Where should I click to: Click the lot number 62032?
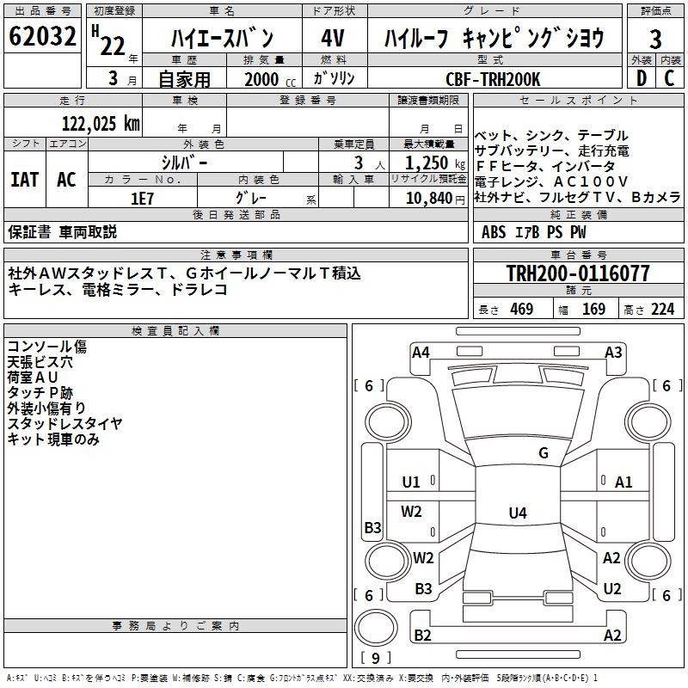43,39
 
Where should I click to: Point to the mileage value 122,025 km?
101,123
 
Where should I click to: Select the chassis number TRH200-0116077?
577,273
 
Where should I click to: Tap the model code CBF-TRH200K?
493,79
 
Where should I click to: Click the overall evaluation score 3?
655,39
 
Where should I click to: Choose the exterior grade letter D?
641,78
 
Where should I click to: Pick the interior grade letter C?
669,78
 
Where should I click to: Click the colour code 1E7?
142,198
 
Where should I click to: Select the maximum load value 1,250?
427,163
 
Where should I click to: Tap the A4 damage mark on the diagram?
421,352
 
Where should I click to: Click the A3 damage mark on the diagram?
613,352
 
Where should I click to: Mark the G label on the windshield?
544,453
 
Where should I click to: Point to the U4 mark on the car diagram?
517,513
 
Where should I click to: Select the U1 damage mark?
412,482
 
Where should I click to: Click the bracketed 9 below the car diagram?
376,659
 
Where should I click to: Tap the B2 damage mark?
422,636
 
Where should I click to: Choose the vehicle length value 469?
521,310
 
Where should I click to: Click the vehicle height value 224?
662,310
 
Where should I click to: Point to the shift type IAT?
24,180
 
